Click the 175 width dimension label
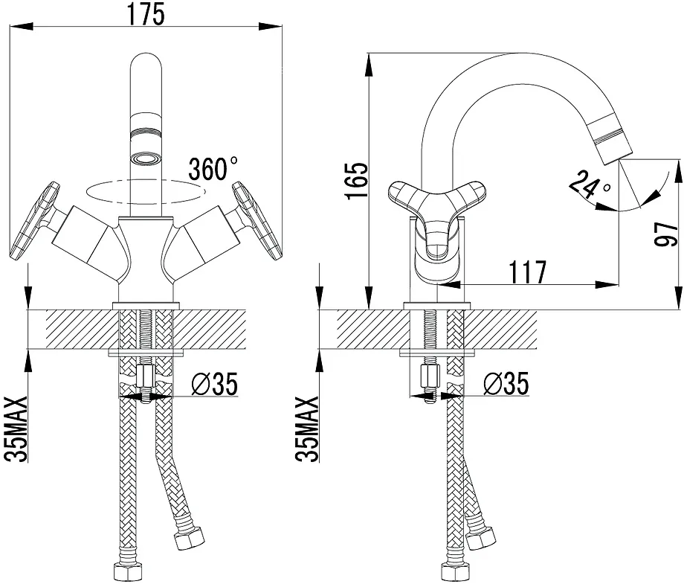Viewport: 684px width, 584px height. (x=146, y=13)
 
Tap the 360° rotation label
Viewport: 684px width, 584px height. (x=213, y=170)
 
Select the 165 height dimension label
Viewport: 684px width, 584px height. (x=357, y=181)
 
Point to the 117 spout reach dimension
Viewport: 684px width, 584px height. (x=528, y=272)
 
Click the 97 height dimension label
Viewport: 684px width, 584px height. (x=667, y=234)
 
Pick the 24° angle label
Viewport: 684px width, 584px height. (x=590, y=184)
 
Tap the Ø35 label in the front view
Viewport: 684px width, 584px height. (x=215, y=384)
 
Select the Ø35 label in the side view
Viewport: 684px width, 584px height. (x=506, y=384)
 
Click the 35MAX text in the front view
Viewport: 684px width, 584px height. (x=16, y=429)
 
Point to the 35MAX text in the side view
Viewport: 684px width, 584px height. (x=307, y=429)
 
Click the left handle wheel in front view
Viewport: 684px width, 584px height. (x=35, y=221)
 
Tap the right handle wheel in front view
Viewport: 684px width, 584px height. (x=257, y=221)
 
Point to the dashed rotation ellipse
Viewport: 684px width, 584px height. (x=146, y=192)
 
